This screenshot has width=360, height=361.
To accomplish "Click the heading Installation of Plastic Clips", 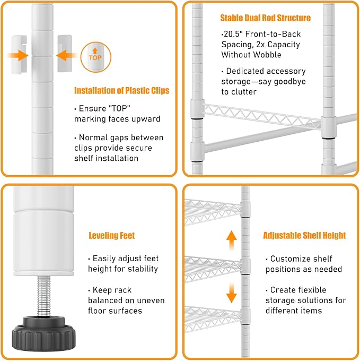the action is click(121, 90).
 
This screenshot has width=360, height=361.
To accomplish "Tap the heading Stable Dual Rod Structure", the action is click(265, 18).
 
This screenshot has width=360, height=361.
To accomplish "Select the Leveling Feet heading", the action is click(112, 236).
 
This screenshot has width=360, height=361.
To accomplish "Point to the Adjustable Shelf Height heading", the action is click(304, 235).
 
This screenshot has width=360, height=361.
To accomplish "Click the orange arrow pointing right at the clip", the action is click(18, 56).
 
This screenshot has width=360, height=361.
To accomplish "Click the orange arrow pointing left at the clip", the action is click(66, 56).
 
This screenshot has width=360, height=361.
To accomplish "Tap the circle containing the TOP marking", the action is click(95, 57).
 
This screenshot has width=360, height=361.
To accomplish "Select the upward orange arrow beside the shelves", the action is click(231, 240).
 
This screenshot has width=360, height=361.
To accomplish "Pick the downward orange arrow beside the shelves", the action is click(231, 293).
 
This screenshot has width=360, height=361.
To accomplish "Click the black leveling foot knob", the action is click(43, 333).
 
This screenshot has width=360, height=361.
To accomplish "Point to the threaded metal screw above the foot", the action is click(43, 296).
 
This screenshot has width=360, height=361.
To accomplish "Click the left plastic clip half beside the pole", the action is click(19, 55).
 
